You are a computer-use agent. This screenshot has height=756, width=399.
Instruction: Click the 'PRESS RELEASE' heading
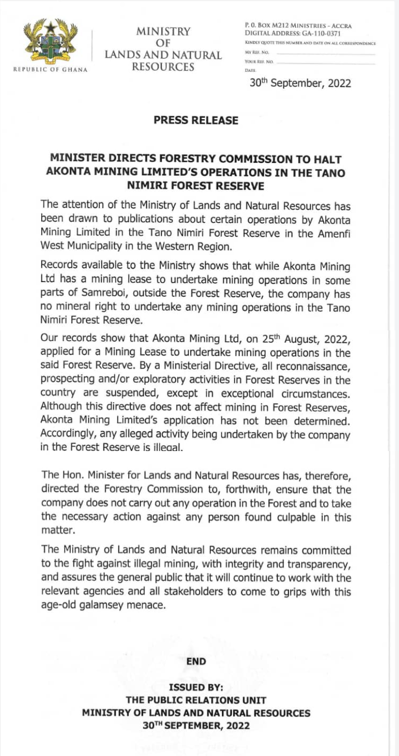[x=196, y=121]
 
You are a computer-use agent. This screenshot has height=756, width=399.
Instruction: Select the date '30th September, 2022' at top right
[x=300, y=83]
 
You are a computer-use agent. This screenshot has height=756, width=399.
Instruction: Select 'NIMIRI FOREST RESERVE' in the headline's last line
[x=196, y=186]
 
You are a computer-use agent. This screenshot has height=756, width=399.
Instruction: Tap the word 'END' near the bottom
[x=196, y=661]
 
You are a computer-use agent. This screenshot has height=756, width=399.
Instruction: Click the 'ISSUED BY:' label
[x=196, y=687]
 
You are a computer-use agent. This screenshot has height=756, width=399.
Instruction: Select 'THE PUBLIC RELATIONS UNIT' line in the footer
[x=196, y=700]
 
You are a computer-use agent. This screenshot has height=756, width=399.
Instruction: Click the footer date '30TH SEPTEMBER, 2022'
[x=196, y=725]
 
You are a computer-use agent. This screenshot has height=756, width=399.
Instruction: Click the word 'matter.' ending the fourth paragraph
[x=58, y=529]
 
